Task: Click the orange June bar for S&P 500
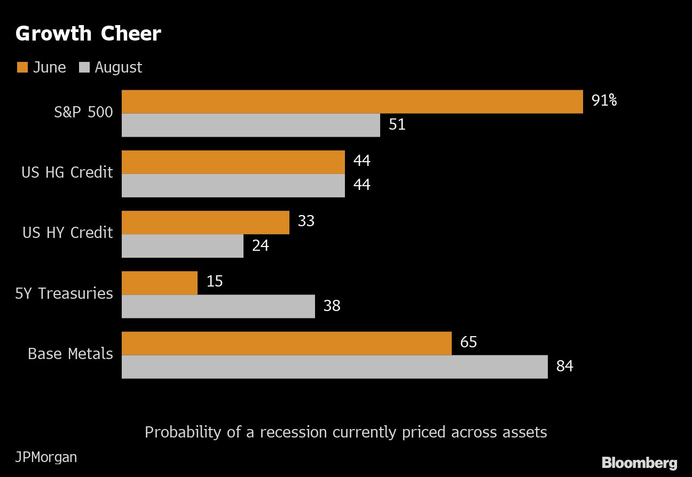click(x=352, y=102)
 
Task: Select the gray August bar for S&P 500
click(x=251, y=125)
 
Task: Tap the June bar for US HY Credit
click(x=206, y=222)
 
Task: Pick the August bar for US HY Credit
click(x=183, y=246)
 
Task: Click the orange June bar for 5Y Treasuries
click(x=160, y=283)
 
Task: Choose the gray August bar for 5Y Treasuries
click(x=218, y=306)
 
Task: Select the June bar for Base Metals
click(x=287, y=343)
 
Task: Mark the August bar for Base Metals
click(x=335, y=367)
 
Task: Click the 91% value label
click(x=604, y=100)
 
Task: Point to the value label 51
click(x=397, y=124)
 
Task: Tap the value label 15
click(x=214, y=281)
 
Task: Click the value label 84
click(x=564, y=366)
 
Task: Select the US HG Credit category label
click(x=67, y=172)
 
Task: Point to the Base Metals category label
click(x=70, y=354)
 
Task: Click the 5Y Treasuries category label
click(x=64, y=293)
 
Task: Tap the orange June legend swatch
click(x=22, y=67)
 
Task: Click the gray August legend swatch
click(x=84, y=67)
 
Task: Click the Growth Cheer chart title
click(x=88, y=34)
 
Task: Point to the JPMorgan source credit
click(x=46, y=457)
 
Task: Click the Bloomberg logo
click(x=639, y=463)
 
